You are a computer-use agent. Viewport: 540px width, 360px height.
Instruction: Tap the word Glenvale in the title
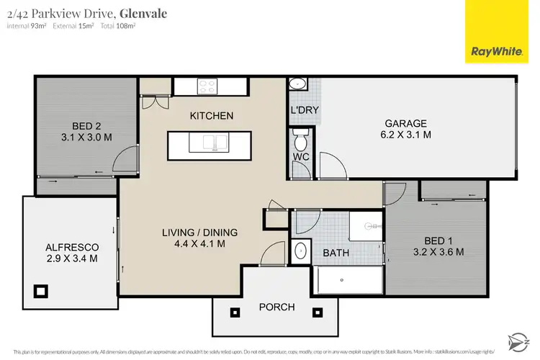pyautogui.click(x=143, y=12)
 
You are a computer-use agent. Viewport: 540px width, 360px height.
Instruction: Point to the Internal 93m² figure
pyautogui.click(x=26, y=26)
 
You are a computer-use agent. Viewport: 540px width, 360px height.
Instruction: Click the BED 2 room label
pyautogui.click(x=86, y=130)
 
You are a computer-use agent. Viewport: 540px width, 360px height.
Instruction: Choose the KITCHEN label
pyautogui.click(x=211, y=116)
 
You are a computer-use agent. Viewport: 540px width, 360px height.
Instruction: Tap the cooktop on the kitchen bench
pyautogui.click(x=207, y=86)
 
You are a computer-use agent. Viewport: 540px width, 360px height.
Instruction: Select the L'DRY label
pyautogui.click(x=304, y=111)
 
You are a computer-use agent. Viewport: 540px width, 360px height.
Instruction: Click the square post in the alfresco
pyautogui.click(x=41, y=291)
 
